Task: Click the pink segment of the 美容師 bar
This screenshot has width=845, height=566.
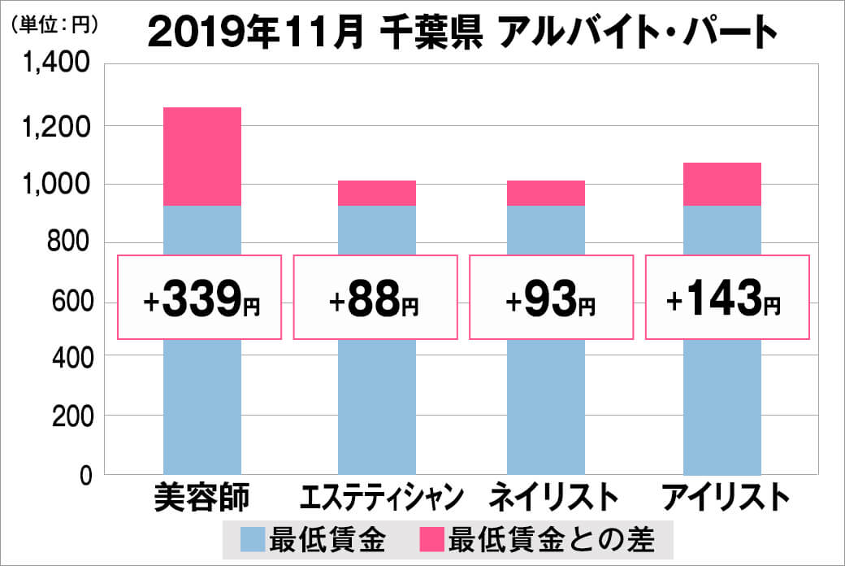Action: coord(202,156)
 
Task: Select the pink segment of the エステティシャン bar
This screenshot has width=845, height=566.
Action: coord(376,193)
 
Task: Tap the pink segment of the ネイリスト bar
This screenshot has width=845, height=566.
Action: coord(545,193)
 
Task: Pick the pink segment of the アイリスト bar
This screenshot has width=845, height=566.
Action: coord(721,184)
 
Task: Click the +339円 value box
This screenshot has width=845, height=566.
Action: coord(201,298)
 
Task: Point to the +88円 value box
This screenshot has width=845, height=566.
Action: coord(375,298)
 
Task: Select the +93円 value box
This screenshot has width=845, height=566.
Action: coord(551,298)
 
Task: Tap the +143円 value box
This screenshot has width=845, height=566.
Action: coord(728,298)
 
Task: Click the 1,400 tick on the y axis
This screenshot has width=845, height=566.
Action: coord(58,65)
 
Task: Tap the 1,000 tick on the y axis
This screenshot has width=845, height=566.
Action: coord(58,184)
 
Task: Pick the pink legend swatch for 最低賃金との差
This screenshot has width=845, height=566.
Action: coord(433,540)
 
